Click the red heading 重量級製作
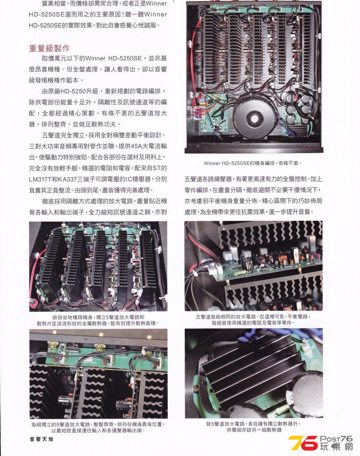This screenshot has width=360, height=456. (49, 48)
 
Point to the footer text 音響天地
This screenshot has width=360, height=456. (41, 439)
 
